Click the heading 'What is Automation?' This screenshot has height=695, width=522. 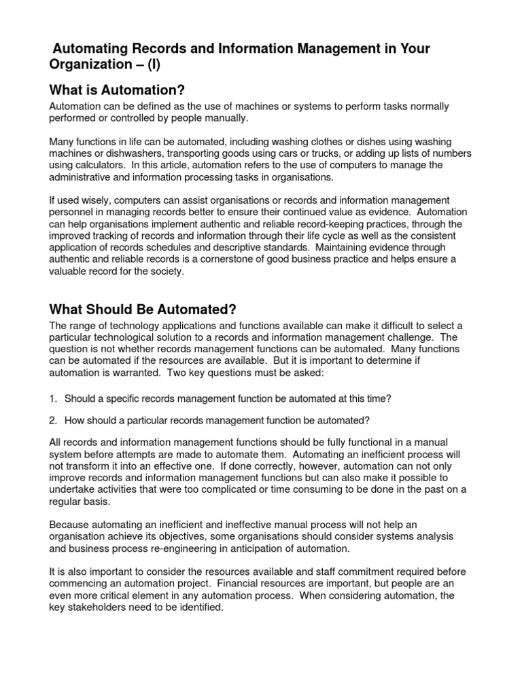(117, 91)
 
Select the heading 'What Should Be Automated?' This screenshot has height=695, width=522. (143, 309)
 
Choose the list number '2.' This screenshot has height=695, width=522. (54, 419)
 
